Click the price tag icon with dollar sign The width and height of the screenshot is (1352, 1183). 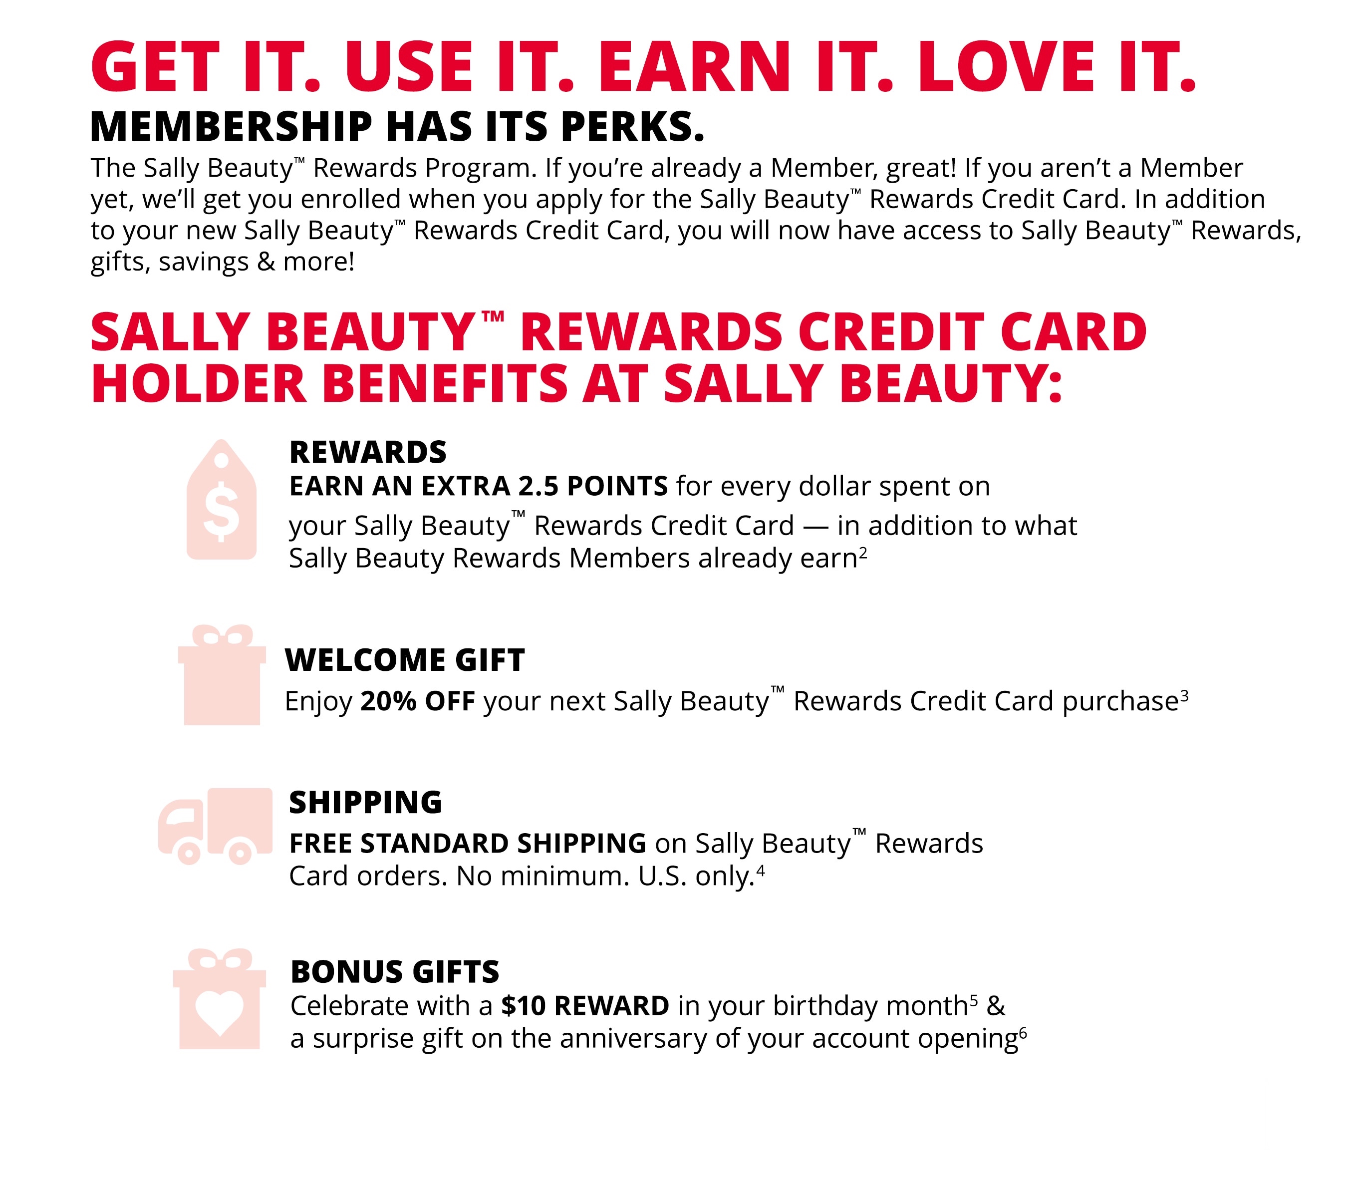(221, 500)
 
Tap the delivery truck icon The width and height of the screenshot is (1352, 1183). (215, 827)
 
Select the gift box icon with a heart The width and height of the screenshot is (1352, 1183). (219, 999)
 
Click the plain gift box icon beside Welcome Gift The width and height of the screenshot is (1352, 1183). (222, 675)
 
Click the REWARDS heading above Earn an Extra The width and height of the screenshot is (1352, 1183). (368, 452)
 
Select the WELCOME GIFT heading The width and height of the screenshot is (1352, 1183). (405, 659)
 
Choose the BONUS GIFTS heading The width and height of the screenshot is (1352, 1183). (395, 971)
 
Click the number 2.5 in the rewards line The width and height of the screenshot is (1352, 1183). (538, 486)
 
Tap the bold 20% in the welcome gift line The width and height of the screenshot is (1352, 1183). (388, 700)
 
